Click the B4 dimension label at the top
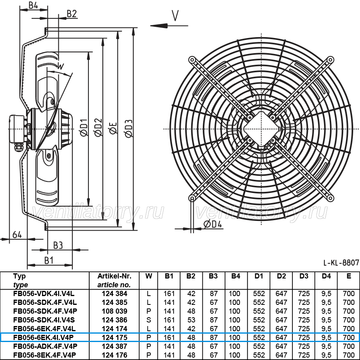point(34,5)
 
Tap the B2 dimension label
point(72,14)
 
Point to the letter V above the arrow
point(175,16)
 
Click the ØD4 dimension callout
point(213,224)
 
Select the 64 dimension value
point(17,235)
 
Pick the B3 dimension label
point(58,245)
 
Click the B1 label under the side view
point(49,261)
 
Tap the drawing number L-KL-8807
point(341,263)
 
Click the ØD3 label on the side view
point(129,129)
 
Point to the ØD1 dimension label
point(84,127)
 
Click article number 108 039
point(114,311)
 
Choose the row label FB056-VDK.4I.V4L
point(44,294)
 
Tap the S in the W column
point(149,320)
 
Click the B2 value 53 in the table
point(191,320)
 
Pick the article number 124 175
point(114,338)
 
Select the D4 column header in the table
point(326,276)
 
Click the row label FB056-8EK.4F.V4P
point(44,355)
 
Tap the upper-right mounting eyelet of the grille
point(330,60)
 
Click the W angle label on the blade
point(60,67)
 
